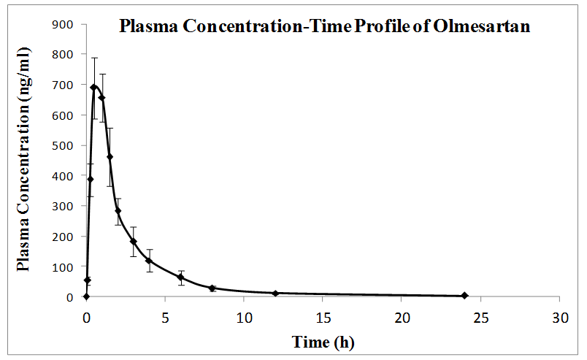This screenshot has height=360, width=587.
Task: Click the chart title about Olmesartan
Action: point(324,28)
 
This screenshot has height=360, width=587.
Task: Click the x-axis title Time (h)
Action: point(323,342)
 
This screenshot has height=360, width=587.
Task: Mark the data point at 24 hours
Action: point(464,296)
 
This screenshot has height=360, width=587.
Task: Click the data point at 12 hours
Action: point(275,294)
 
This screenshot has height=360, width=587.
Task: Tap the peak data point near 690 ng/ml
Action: point(94,88)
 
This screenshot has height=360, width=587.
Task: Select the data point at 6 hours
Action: point(181,277)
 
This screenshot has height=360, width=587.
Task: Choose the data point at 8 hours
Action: point(212,288)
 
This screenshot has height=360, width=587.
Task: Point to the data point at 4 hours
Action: point(149,261)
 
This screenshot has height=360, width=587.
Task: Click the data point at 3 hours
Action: point(134,242)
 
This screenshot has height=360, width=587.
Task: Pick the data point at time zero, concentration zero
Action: point(86,296)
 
